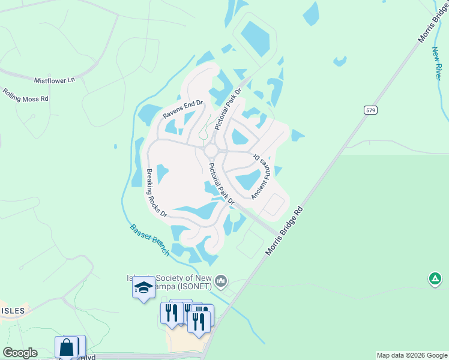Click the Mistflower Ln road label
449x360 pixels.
(x=55, y=79)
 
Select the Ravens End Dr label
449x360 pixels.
(x=184, y=108)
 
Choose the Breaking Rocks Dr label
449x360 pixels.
(x=156, y=193)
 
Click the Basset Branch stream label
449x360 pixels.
(x=150, y=240)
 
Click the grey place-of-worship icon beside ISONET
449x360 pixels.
(x=221, y=280)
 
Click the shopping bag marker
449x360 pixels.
(x=67, y=347)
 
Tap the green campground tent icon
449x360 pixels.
(x=435, y=278)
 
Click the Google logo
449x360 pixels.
(x=20, y=353)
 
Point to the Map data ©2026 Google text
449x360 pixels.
(x=412, y=355)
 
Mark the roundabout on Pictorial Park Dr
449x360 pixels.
(x=211, y=149)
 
